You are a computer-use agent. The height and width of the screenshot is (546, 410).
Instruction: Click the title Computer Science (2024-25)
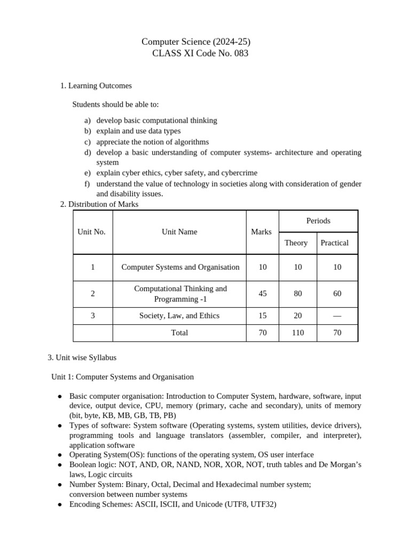(x=196, y=42)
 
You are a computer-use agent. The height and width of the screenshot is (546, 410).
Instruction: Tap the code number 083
(x=241, y=53)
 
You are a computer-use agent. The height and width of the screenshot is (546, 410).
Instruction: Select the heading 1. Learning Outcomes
(x=96, y=85)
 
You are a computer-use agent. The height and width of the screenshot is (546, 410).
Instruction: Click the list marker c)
(x=88, y=142)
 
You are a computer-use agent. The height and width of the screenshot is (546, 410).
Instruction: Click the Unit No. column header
(x=92, y=232)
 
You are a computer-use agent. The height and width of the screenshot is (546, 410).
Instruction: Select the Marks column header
(x=262, y=232)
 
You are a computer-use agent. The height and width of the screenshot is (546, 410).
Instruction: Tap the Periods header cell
(x=318, y=221)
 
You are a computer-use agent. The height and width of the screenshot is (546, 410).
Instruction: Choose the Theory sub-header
(x=296, y=243)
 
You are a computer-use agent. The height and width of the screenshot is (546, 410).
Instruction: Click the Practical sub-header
(x=335, y=243)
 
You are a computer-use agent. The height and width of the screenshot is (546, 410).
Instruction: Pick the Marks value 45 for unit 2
(x=262, y=294)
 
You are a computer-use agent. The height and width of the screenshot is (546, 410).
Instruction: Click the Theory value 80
(x=298, y=294)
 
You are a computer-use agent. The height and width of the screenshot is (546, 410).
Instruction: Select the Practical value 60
(x=337, y=294)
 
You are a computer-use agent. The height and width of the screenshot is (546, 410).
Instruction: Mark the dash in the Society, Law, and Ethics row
(x=337, y=316)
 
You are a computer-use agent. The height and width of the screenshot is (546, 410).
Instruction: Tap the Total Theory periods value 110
(x=298, y=333)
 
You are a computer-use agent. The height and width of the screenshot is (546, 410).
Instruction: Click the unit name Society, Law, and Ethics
(x=179, y=316)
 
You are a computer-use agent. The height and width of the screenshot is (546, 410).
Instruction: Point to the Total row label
(x=179, y=333)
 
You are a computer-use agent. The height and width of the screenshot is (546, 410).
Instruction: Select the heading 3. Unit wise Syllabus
(x=82, y=357)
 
